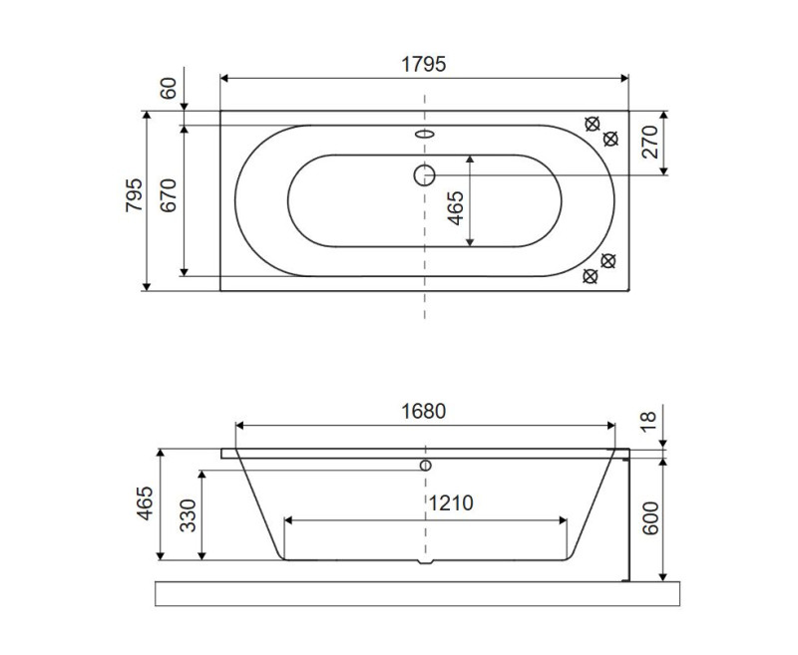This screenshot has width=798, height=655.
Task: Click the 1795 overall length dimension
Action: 424,63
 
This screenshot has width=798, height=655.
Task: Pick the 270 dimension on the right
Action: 649,143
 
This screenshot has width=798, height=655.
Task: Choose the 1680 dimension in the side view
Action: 424,411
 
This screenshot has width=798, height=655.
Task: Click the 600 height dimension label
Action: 649,516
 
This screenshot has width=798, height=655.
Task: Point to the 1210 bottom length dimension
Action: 450,503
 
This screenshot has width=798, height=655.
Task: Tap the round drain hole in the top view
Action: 425,175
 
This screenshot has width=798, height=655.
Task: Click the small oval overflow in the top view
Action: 425,134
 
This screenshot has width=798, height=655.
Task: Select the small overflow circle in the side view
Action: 425,465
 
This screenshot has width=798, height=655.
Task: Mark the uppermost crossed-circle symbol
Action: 593,124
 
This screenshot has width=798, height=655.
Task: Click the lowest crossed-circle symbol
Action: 591,276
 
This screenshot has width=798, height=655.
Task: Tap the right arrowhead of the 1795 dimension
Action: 624,77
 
